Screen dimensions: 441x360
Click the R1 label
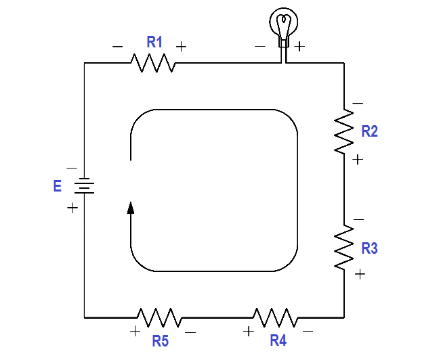tap(154, 42)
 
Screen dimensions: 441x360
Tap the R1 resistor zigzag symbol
tap(153, 63)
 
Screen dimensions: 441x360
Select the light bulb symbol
tap(283, 31)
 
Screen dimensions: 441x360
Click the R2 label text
tap(369, 131)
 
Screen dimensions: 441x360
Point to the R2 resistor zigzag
tap(344, 131)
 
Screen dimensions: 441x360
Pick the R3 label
tap(369, 248)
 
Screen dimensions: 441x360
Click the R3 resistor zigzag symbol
tap(344, 247)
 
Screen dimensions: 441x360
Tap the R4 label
tap(278, 340)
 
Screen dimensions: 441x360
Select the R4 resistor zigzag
tap(276, 317)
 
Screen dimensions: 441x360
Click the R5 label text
tap(161, 341)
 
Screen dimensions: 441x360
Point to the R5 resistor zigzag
tap(160, 317)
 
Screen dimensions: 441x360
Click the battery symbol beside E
tap(85, 185)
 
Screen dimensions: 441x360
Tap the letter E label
tap(58, 186)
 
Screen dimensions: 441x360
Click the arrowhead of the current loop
tap(131, 208)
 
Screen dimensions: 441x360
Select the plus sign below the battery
tap(72, 208)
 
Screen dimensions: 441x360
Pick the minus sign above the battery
tap(72, 168)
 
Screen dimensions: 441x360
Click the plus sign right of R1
tap(181, 47)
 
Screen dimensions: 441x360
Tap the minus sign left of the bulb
tap(260, 46)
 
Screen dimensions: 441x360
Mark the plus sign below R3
tap(360, 274)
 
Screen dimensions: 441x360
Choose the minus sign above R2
tap(358, 104)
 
